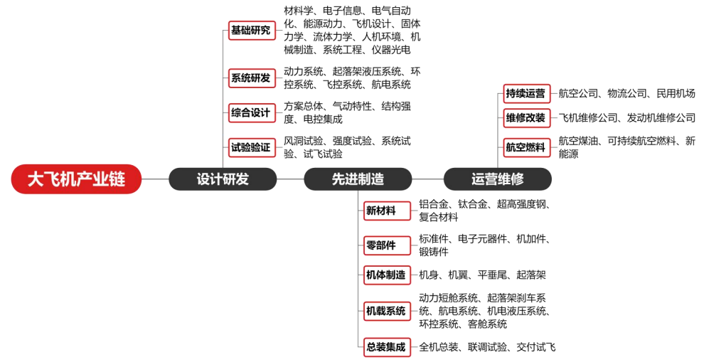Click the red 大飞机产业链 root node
[76, 179]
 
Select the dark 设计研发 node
[223, 179]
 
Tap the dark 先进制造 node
[358, 179]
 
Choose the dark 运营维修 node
[497, 179]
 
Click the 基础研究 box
[252, 31]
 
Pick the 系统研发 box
[252, 78]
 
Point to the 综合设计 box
[252, 112]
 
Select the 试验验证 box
[252, 147]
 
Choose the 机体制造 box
[387, 275]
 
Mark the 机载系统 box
[387, 311]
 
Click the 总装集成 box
[387, 347]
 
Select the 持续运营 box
[527, 94]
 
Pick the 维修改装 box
[527, 118]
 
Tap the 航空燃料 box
[527, 147]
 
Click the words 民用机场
[676, 94]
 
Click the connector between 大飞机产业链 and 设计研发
[155, 179]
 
